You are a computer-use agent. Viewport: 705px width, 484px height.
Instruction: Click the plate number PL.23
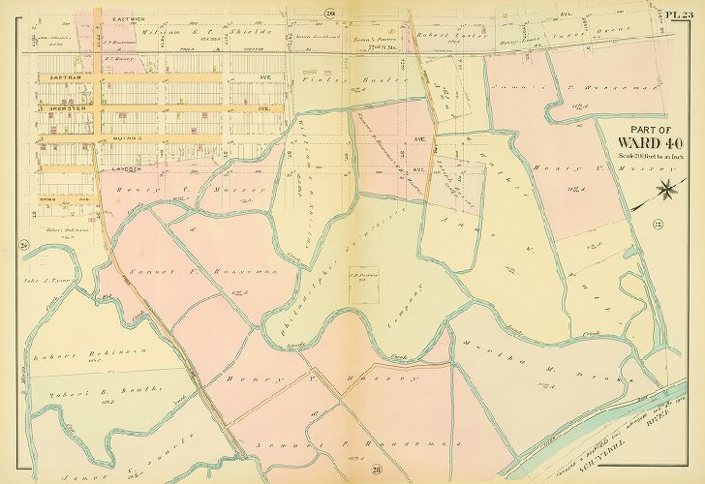point(680,13)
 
